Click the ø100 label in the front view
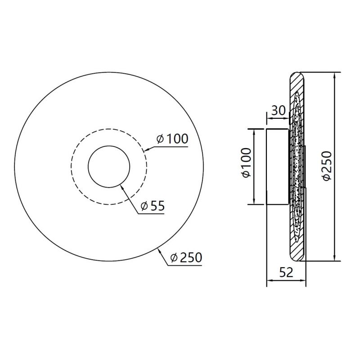point(172,139)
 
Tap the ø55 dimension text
point(153,206)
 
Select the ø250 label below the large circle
point(186,257)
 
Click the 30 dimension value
point(278,110)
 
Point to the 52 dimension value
point(286,273)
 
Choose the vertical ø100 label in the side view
point(246,162)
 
